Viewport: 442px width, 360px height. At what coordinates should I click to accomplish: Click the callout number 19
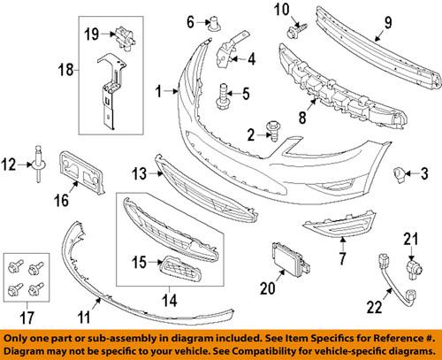pos(91,34)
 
